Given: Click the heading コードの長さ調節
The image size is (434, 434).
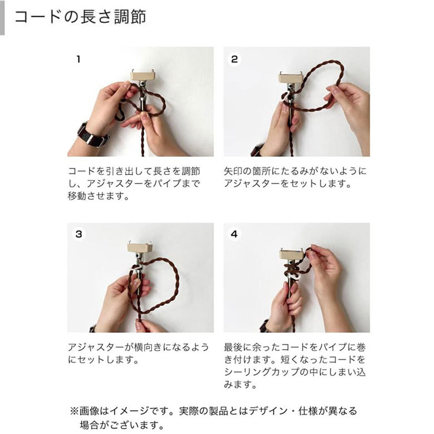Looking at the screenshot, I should pyautogui.click(x=80, y=17).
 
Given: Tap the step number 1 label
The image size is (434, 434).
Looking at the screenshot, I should pyautogui.click(x=79, y=59).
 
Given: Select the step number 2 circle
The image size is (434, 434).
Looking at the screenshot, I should pyautogui.click(x=234, y=59).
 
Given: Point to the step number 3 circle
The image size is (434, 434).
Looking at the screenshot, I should pyautogui.click(x=79, y=234).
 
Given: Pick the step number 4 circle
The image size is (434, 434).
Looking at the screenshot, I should pyautogui.click(x=234, y=234).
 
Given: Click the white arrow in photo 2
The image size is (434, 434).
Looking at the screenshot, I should pyautogui.click(x=286, y=96).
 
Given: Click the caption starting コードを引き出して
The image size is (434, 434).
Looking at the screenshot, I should pyautogui.click(x=134, y=184).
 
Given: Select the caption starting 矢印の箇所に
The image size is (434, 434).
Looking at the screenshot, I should pyautogui.click(x=295, y=177).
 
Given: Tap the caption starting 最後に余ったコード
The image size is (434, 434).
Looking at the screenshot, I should pyautogui.click(x=295, y=366).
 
